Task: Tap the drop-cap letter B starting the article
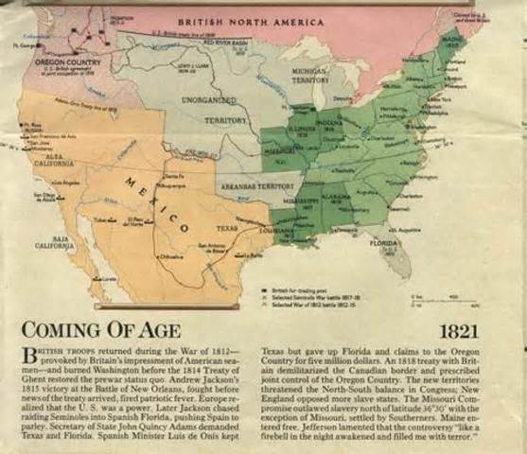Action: [x=27, y=355]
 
